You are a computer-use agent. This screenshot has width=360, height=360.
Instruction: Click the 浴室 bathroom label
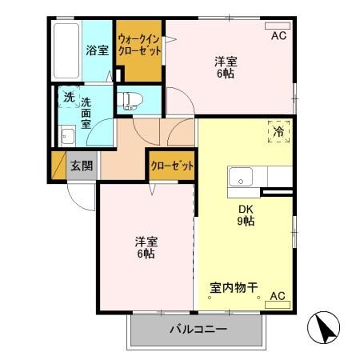pyautogui.click(x=97, y=50)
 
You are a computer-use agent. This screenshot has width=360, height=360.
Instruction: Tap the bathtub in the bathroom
pyautogui.click(x=66, y=50)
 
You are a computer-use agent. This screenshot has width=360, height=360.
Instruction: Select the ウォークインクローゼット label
pyautogui.click(x=139, y=44)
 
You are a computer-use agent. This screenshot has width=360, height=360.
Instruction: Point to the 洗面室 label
pyautogui.click(x=86, y=114)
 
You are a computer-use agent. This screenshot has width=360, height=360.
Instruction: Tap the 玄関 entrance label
pyautogui.click(x=81, y=166)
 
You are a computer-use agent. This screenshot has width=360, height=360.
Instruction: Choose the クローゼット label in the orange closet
pyautogui.click(x=172, y=166)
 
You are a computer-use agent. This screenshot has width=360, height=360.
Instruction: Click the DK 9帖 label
pyautogui.click(x=245, y=215)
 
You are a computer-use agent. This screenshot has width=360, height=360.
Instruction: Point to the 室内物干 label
pyautogui.click(x=234, y=286)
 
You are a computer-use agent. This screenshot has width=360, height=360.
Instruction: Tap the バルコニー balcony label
pyautogui.click(x=198, y=329)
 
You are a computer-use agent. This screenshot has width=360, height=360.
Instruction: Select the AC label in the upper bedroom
pyautogui.click(x=278, y=36)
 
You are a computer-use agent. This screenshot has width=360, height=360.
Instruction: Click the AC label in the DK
pyautogui.click(x=277, y=296)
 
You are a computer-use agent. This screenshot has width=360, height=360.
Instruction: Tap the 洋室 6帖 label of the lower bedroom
pyautogui.click(x=145, y=247)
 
